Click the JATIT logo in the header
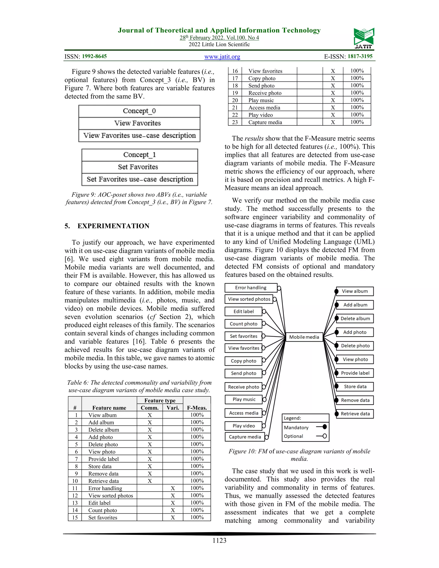364,38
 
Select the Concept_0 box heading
139,111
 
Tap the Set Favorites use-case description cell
140,179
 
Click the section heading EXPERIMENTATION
113,226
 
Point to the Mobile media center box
304,337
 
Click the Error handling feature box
251,288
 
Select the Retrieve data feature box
355,414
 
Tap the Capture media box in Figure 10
245,437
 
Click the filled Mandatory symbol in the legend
324,427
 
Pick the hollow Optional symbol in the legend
324,436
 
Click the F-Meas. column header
197,408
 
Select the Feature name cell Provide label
104,459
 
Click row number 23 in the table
235,122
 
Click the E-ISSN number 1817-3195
360,56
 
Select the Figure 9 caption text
139,198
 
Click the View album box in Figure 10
355,291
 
